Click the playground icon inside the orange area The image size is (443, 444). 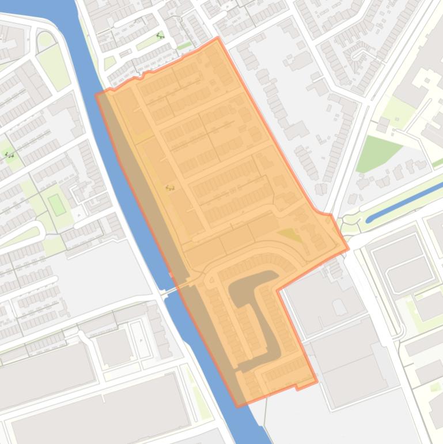[x=169, y=187]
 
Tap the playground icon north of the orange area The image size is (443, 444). [x=160, y=36]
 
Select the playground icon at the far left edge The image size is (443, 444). [x=9, y=155]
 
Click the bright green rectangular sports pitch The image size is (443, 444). [x=56, y=204]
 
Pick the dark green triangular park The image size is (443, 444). [x=376, y=153]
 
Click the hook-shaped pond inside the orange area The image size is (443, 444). [x=253, y=311]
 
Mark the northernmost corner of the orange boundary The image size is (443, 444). [x=217, y=38]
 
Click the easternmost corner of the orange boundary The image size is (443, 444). [x=349, y=250]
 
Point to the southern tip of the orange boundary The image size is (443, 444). [x=237, y=407]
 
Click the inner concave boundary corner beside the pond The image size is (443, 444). [x=278, y=289]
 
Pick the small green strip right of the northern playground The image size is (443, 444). [x=184, y=45]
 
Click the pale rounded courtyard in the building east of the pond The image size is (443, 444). [x=340, y=308]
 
